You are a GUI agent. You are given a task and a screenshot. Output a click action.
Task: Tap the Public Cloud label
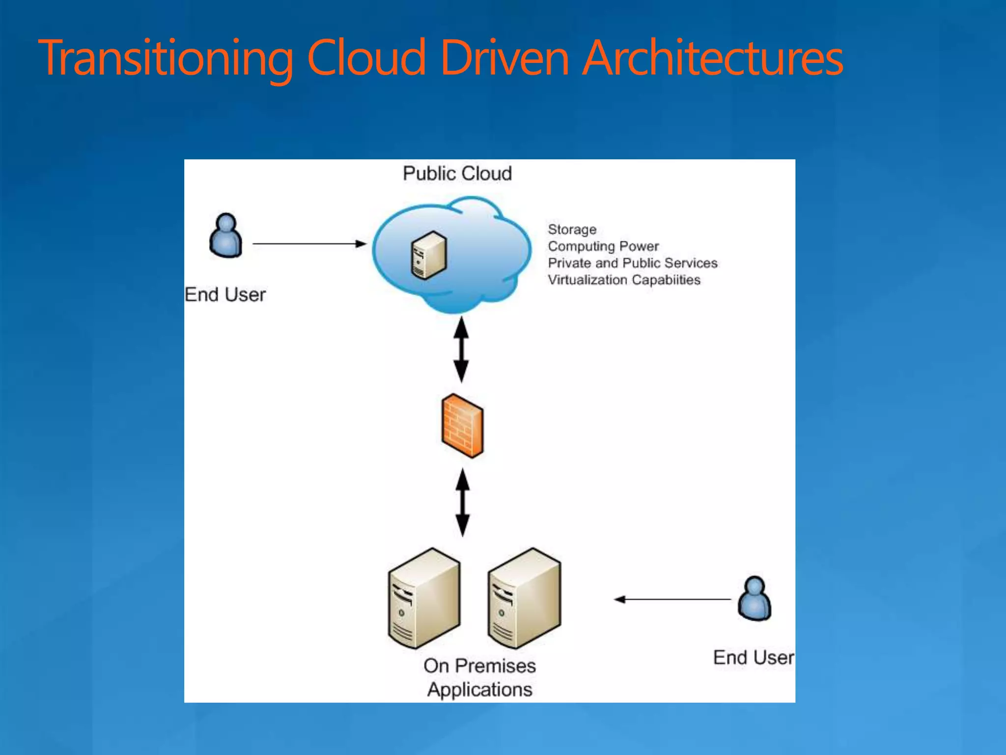[x=457, y=174]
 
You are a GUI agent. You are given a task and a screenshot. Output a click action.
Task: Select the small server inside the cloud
[x=429, y=255]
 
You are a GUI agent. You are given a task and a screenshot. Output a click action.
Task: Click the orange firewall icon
[x=462, y=426]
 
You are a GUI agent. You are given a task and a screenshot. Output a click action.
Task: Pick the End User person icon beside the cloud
[x=225, y=235]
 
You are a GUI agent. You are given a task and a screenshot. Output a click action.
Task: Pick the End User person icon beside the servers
[x=754, y=599]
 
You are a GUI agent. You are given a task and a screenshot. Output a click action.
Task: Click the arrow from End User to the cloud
[x=309, y=243]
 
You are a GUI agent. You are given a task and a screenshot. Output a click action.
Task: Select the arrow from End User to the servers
[x=673, y=599]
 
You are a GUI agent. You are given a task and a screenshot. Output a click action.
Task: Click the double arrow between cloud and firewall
[x=461, y=349]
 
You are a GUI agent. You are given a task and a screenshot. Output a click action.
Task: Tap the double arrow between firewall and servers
[x=462, y=502]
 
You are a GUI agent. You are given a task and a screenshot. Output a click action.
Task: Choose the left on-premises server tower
[x=424, y=599]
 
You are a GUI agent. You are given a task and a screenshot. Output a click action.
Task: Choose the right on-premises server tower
[x=524, y=599]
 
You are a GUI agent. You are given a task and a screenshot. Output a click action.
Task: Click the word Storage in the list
[x=572, y=230]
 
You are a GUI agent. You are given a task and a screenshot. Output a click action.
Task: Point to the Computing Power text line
[x=603, y=246]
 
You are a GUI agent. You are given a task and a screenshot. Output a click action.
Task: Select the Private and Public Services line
[x=632, y=263]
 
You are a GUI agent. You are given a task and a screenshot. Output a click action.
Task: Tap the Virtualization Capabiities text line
[x=624, y=280]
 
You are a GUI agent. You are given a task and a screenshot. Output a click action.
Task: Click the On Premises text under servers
[x=479, y=666]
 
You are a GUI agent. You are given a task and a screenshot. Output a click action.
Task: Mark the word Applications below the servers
[x=479, y=690]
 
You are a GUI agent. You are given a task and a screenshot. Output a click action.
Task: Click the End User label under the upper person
[x=225, y=295]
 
